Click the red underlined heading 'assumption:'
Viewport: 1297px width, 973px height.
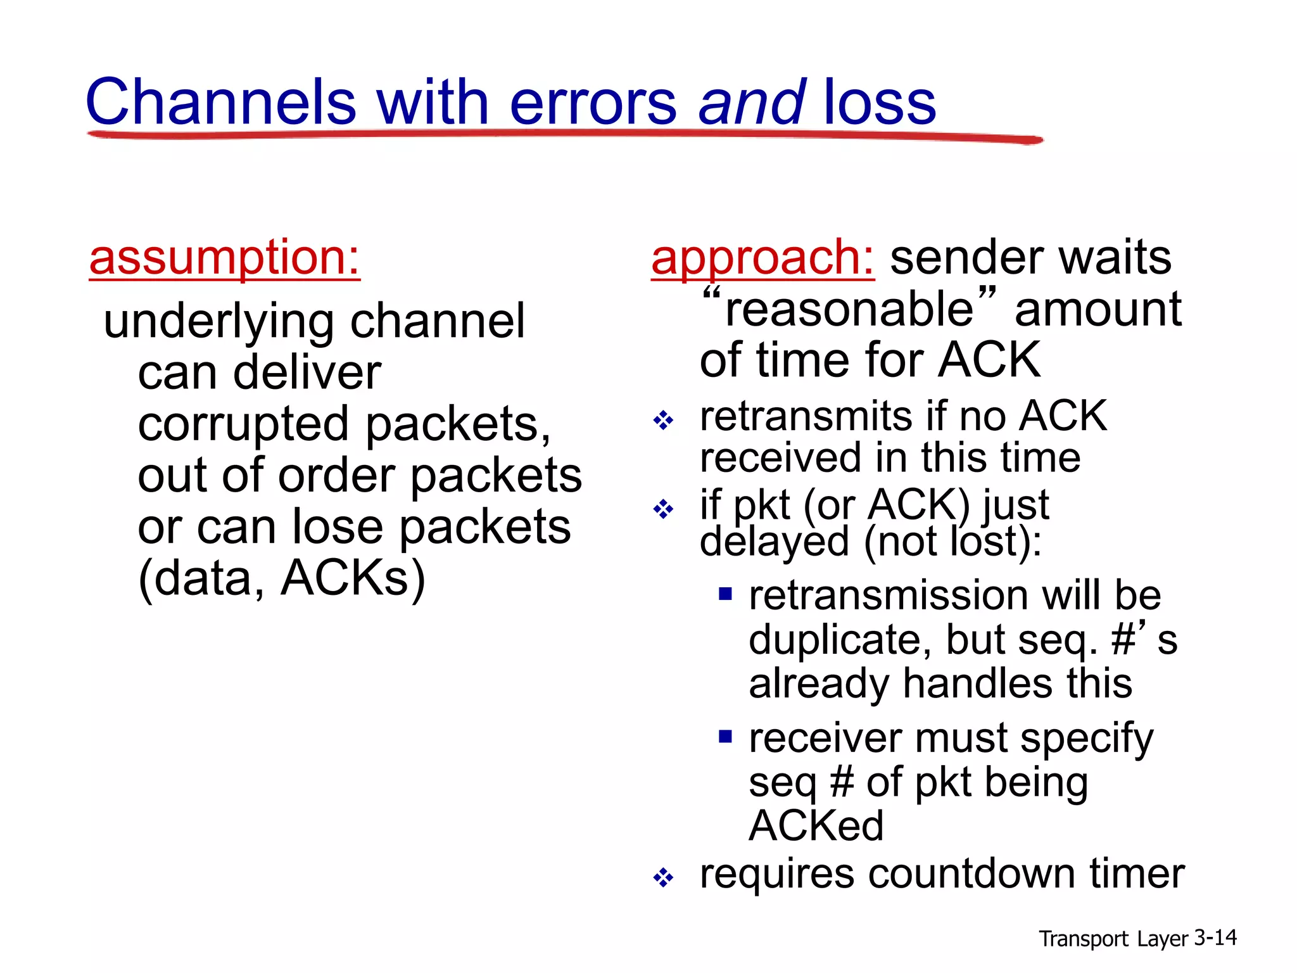click(224, 258)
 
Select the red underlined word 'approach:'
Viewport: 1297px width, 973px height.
click(762, 258)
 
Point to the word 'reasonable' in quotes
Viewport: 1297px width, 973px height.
click(849, 310)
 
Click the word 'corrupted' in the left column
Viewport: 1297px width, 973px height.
click(243, 424)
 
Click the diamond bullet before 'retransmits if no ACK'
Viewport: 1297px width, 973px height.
click(663, 420)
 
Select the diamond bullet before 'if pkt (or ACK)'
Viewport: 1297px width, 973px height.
click(663, 509)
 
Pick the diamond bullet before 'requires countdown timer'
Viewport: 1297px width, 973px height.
click(663, 878)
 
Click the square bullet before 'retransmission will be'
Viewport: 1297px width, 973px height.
click(725, 594)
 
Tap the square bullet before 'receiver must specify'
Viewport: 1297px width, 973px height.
click(725, 736)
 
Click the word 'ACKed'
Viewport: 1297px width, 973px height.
click(816, 825)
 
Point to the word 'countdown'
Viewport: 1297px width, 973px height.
click(971, 874)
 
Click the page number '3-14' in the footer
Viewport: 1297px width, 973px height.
click(1215, 938)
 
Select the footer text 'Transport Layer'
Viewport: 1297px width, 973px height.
click(1113, 939)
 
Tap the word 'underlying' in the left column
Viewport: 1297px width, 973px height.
click(218, 321)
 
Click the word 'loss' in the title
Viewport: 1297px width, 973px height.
click(879, 103)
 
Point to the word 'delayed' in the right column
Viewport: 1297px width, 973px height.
click(774, 542)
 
